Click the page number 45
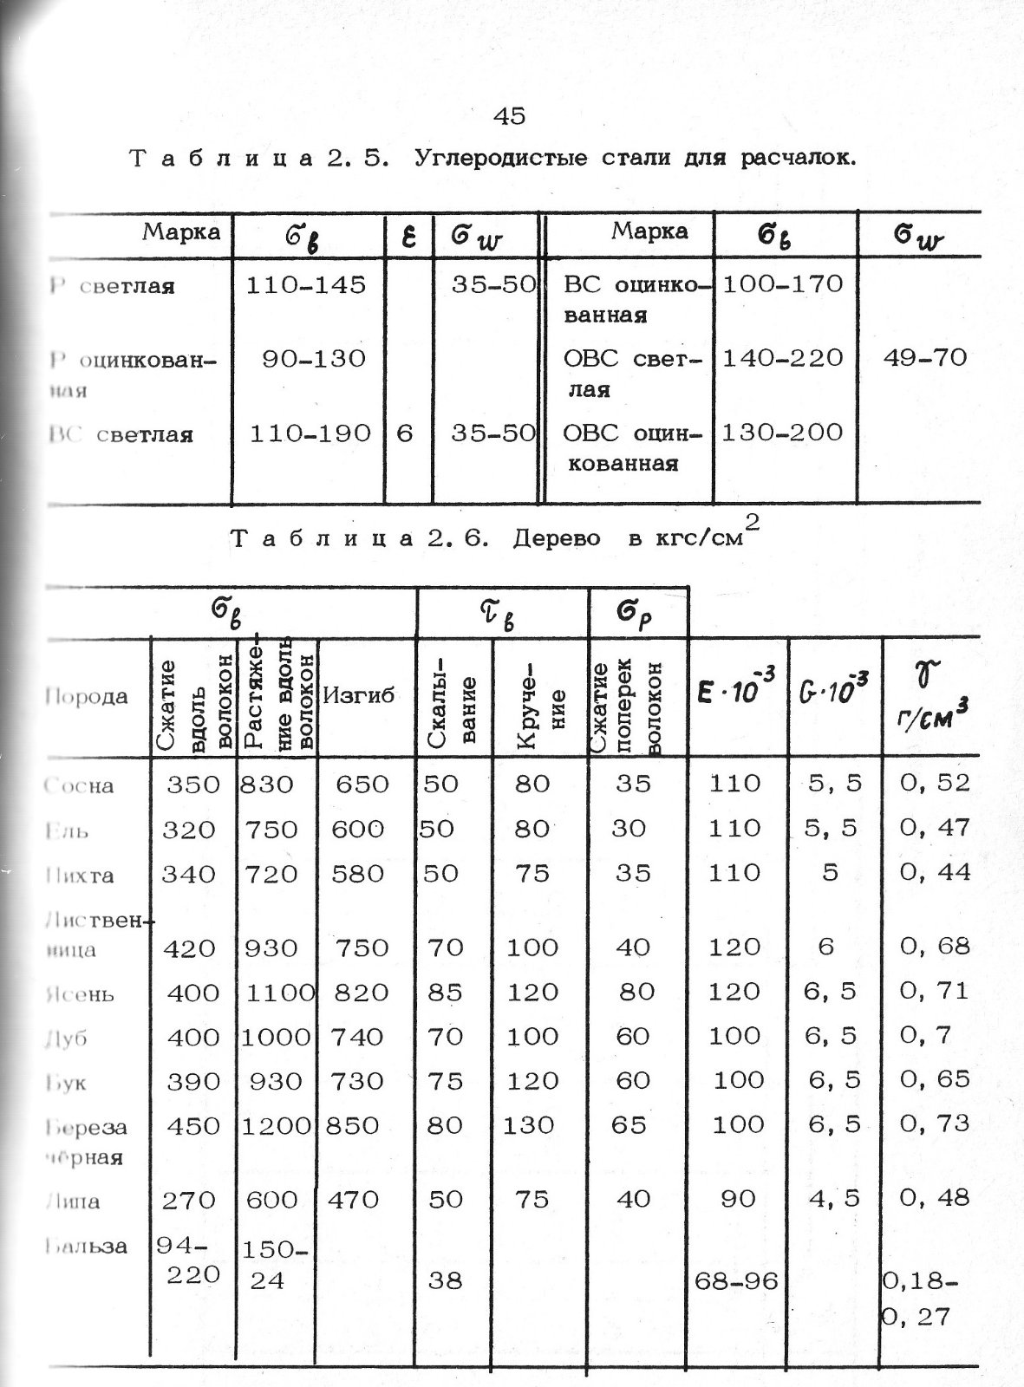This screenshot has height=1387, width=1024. point(509,116)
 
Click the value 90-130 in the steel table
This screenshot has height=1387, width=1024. point(314,358)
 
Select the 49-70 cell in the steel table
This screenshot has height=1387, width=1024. point(924,357)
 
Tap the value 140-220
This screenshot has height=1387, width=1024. point(782,357)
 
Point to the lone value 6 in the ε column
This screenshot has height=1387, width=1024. point(405,433)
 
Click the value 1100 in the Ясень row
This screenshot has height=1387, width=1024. point(279,992)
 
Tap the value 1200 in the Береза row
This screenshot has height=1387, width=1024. point(276,1125)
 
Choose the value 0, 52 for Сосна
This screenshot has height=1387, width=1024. point(935,783)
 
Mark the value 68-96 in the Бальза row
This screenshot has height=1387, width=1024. point(735,1280)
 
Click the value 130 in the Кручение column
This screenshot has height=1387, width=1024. point(529,1125)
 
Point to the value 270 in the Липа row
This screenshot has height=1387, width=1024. point(190,1200)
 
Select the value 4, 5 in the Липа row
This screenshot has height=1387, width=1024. point(832,1198)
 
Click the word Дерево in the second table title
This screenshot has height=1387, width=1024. point(557,539)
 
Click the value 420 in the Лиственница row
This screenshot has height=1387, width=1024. point(190,947)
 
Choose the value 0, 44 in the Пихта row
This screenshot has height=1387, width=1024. point(935,872)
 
